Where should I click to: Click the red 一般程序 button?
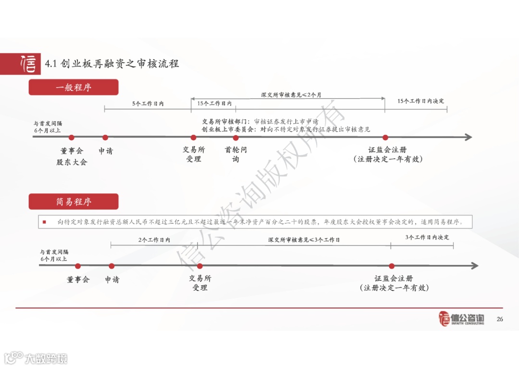74,87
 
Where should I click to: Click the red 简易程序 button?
74,202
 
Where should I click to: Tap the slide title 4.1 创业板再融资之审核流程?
111,63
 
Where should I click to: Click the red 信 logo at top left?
27,63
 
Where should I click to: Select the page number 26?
499,319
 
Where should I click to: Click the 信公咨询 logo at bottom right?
462,318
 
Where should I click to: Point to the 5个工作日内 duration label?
148,103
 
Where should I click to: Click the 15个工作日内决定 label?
420,101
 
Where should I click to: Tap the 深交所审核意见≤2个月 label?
291,95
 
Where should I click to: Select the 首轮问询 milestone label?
235,154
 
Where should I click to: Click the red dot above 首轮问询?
235,138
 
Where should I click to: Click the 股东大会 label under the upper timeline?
72,162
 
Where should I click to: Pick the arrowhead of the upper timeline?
468,137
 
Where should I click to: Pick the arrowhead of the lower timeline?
474,266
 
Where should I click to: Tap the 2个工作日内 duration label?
154,240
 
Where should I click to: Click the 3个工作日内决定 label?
427,237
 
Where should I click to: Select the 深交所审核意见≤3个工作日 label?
304,240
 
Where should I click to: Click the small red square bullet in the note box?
44,222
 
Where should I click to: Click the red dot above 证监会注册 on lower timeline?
392,266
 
